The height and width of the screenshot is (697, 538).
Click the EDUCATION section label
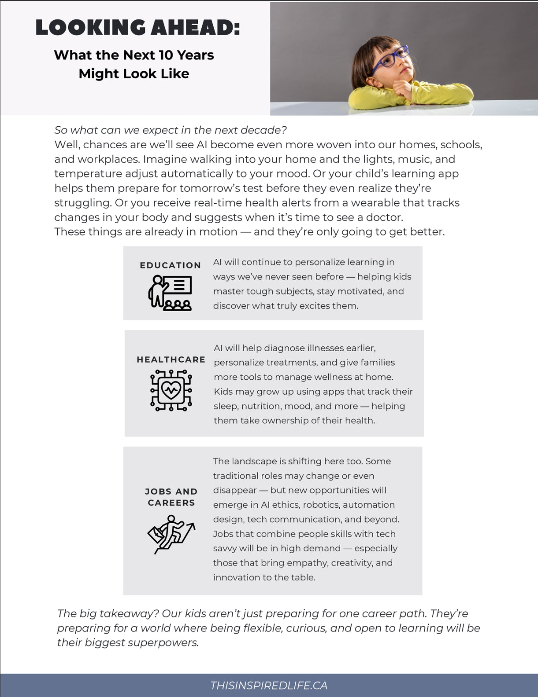[x=170, y=265]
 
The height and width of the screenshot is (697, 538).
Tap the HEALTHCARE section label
[x=171, y=360]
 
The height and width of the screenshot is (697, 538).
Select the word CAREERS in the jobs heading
[x=171, y=503]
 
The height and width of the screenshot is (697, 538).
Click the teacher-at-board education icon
[x=170, y=293]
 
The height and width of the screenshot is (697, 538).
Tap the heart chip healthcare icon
[x=171, y=390]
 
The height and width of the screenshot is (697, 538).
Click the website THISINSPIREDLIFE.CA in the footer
[x=269, y=685]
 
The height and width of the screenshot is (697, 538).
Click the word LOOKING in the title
[x=90, y=28]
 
